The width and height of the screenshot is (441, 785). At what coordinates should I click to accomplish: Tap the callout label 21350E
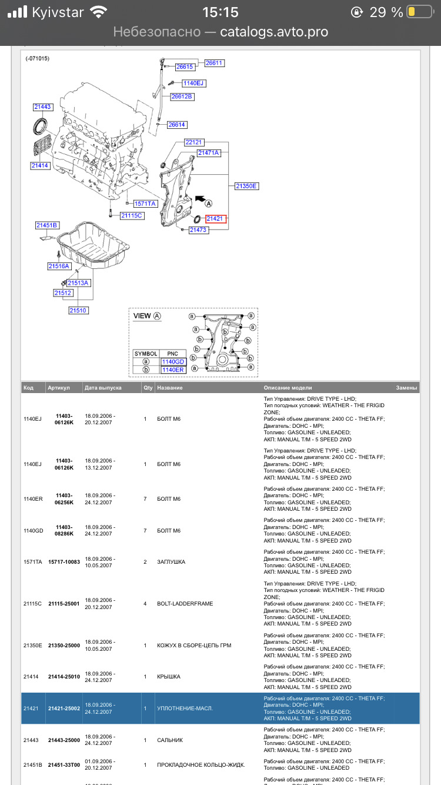pos(246,186)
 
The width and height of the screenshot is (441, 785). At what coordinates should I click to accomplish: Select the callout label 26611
pos(215,63)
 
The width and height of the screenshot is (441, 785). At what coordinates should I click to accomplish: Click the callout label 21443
pos(42,107)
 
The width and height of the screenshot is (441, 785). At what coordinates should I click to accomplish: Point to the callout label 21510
pos(78,310)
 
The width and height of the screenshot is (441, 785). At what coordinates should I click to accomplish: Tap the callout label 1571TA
pos(145,204)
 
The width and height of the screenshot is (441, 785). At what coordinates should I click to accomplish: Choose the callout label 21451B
pos(47,225)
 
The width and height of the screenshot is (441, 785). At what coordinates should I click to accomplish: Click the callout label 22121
pos(193,142)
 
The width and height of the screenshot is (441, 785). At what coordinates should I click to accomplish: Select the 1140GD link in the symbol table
pos(173,361)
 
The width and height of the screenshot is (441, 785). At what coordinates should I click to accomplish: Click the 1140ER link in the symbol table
pos(173,370)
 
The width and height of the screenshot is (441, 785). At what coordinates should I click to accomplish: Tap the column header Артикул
pos(59,388)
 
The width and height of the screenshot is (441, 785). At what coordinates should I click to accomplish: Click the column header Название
pos(170,388)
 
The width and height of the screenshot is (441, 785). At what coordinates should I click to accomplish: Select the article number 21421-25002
pos(64,708)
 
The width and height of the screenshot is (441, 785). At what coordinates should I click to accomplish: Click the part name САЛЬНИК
pos(170,740)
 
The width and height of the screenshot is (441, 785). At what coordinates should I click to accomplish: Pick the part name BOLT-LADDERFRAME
pos(185,604)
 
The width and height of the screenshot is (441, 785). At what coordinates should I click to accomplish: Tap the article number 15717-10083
pos(64,562)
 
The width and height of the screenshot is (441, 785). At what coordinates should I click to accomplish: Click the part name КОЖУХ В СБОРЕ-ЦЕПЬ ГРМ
pos(194,646)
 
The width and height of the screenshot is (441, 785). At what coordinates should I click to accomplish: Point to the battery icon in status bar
pos(419,12)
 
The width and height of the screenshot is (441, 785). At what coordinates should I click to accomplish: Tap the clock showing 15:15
pos(220,12)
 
